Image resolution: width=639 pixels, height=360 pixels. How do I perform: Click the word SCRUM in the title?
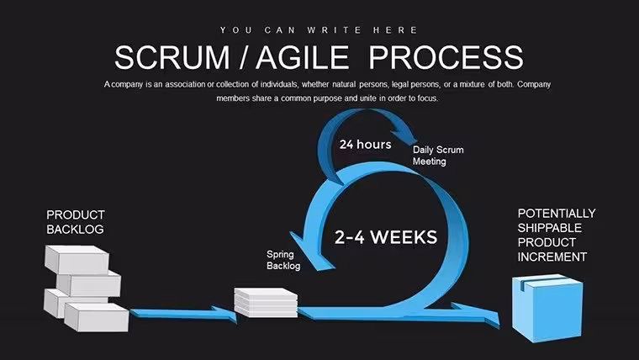pyautogui.click(x=172, y=57)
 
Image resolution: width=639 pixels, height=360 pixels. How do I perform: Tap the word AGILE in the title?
pyautogui.click(x=303, y=57)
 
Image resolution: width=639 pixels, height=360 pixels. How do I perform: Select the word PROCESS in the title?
pyautogui.click(x=446, y=57)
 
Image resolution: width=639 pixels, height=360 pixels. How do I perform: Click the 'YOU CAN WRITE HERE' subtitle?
pyautogui.click(x=319, y=30)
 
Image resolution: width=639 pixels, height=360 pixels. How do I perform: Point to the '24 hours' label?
pyautogui.click(x=365, y=145)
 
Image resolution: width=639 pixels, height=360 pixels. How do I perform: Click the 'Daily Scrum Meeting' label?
pyautogui.click(x=438, y=156)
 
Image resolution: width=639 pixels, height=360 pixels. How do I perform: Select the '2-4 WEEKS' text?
pyautogui.click(x=386, y=237)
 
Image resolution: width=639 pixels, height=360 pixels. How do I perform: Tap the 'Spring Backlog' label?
pyautogui.click(x=283, y=260)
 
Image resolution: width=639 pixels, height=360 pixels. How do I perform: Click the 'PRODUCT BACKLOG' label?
pyautogui.click(x=76, y=222)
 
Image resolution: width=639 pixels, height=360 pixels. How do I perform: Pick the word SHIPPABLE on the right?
pyautogui.click(x=549, y=228)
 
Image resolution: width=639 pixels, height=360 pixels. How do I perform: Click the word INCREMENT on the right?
pyautogui.click(x=552, y=257)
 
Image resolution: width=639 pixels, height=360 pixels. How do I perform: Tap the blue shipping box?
pyautogui.click(x=547, y=308)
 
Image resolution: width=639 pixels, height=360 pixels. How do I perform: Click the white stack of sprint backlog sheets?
pyautogui.click(x=266, y=303)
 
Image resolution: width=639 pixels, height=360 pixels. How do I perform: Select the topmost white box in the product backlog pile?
pyautogui.click(x=77, y=259)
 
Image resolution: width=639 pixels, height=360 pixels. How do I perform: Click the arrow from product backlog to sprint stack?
pyautogui.click(x=183, y=314)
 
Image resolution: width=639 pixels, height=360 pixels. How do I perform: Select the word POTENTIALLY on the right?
pyautogui.click(x=557, y=214)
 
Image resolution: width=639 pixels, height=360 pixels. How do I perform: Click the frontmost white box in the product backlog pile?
pyautogui.click(x=97, y=317)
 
